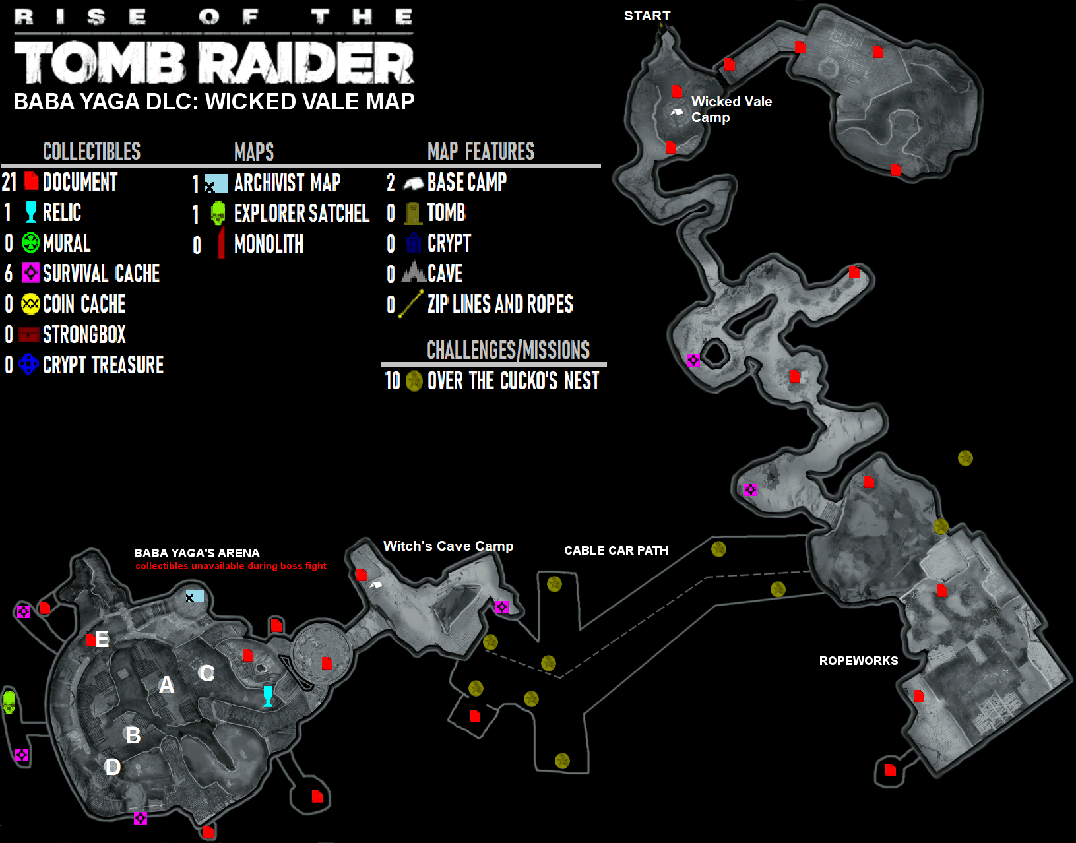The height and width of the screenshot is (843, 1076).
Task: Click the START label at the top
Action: point(647,16)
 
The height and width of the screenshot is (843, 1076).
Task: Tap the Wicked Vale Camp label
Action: point(731,109)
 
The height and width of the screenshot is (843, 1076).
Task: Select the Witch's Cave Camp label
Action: point(448,546)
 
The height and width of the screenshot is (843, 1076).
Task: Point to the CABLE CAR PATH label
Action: point(616,551)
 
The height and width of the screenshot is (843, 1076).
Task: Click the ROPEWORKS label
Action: point(858,661)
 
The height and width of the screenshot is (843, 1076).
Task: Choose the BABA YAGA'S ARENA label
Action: point(197,553)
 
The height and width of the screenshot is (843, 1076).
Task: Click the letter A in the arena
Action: point(167,685)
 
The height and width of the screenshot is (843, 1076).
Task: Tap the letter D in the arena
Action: point(113,766)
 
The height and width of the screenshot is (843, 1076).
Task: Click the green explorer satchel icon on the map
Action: point(9,702)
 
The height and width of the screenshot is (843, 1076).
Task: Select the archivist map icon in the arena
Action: point(194,596)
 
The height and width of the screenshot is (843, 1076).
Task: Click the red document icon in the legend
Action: point(31,181)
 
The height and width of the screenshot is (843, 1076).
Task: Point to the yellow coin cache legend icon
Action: point(30,304)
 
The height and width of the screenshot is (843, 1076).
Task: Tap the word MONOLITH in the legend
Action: point(269,244)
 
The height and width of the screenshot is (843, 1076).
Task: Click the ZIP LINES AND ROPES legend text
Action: point(500,304)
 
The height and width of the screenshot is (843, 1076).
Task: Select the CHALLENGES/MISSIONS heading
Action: point(508,350)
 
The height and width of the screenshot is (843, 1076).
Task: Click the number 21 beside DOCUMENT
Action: point(9,182)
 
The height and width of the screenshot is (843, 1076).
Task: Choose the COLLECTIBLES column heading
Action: point(92,152)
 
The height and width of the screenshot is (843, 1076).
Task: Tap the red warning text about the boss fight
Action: point(231,566)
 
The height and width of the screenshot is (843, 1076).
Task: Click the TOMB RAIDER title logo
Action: point(214,63)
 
